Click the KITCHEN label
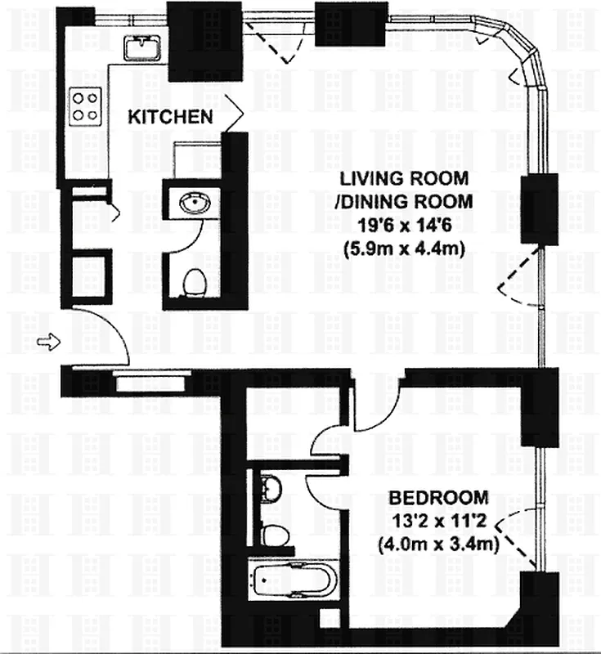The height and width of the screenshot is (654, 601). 170,117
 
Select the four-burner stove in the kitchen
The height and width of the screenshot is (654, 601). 85,104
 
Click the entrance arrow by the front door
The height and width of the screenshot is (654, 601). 49,342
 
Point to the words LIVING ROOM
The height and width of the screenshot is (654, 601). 404,178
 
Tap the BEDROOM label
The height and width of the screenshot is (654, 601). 439,496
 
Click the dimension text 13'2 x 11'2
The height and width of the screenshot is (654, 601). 439,518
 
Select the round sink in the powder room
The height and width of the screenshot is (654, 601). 192,201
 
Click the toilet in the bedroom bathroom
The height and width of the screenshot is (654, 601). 274,535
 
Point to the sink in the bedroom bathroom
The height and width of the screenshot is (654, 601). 269,489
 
